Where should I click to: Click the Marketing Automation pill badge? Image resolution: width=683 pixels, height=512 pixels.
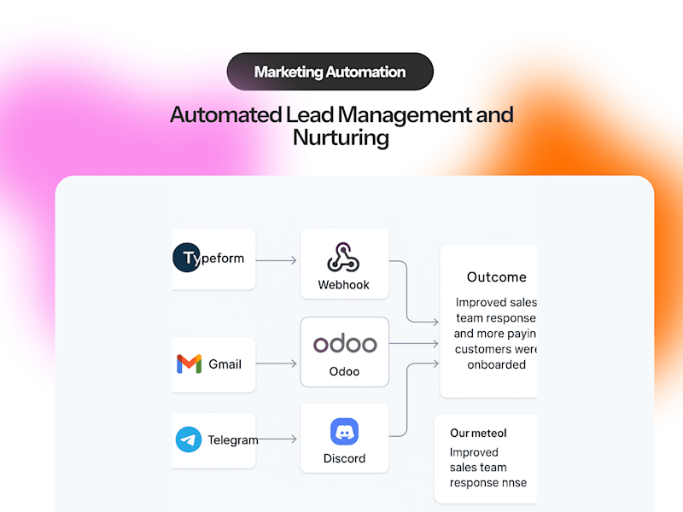click(x=330, y=72)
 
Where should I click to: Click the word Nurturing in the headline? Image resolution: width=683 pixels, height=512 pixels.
click(x=341, y=137)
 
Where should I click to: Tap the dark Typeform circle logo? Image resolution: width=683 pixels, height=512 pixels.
click(x=185, y=258)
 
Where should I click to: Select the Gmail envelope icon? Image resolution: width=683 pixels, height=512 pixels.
click(x=189, y=364)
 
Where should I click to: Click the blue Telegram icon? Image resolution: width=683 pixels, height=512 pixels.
click(x=189, y=439)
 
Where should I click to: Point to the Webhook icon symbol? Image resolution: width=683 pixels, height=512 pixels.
click(x=343, y=258)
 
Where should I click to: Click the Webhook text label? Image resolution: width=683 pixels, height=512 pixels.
click(x=343, y=285)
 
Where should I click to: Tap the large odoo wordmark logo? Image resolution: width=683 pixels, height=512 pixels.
click(x=344, y=344)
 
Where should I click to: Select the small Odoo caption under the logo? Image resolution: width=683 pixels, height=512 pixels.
click(x=344, y=372)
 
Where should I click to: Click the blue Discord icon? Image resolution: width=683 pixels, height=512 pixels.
click(x=344, y=432)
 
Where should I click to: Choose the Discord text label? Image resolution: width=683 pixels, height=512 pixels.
click(x=344, y=459)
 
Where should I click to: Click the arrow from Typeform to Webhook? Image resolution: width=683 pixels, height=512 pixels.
click(x=276, y=259)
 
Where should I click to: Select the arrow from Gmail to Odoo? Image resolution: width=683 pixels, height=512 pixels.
click(x=276, y=364)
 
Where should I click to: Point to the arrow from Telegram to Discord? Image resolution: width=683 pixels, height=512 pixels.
click(x=277, y=439)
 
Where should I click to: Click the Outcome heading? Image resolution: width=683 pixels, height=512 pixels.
click(x=496, y=277)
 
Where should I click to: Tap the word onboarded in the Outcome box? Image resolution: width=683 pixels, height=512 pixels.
click(x=496, y=364)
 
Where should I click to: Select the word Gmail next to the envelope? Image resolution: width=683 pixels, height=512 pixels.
click(x=225, y=364)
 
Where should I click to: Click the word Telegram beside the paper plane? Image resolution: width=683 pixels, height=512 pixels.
click(x=232, y=440)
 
